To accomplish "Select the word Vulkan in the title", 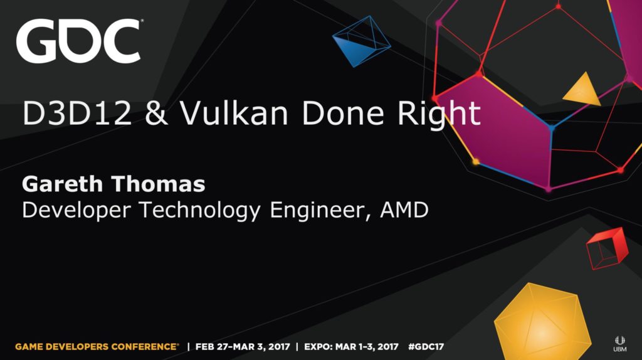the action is click(234, 113).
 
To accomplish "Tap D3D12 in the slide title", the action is click(77, 113).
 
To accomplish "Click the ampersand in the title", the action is click(156, 114).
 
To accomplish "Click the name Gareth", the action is click(63, 184).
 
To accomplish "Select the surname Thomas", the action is click(157, 184).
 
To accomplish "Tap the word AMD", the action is click(404, 209).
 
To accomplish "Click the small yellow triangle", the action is click(582, 89).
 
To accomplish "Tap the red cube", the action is click(607, 248).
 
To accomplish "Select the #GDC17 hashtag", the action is click(426, 347).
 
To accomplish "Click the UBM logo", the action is click(619, 344).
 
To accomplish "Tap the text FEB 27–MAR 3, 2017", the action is click(243, 347).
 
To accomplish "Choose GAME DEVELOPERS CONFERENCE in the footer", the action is click(97, 347).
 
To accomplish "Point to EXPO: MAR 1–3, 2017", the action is click(351, 347).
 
